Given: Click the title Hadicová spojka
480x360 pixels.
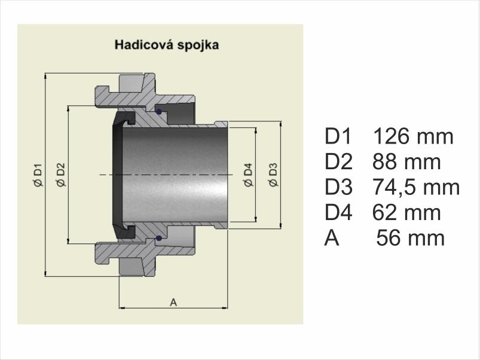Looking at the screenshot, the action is (167, 45).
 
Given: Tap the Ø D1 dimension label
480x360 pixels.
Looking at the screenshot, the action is (38, 175).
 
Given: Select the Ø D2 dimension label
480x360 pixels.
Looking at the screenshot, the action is (61, 175).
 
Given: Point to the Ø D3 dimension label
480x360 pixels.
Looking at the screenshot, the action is (273, 175).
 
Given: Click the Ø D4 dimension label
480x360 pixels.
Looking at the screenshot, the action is (248, 175).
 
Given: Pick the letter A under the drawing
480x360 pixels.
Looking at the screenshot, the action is (173, 303).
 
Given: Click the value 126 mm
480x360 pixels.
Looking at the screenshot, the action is (413, 136).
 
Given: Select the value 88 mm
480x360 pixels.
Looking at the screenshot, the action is (406, 161).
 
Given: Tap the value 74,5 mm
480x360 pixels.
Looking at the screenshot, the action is (416, 187).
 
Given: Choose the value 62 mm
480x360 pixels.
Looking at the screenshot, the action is (406, 212).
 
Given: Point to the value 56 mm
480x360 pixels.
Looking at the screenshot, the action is (410, 238).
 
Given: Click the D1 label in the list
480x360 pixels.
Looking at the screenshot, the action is (338, 136).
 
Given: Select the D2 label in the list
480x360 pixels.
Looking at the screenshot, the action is (338, 161).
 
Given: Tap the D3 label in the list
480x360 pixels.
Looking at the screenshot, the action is (338, 187).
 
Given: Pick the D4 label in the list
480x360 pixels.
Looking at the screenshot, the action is (338, 212).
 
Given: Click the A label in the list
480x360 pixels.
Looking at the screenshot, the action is (332, 238).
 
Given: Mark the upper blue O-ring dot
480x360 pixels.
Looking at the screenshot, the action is (158, 112).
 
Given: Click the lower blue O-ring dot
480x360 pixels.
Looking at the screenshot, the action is (158, 238).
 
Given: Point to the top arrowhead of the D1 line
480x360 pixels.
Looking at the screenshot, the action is (45, 77).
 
